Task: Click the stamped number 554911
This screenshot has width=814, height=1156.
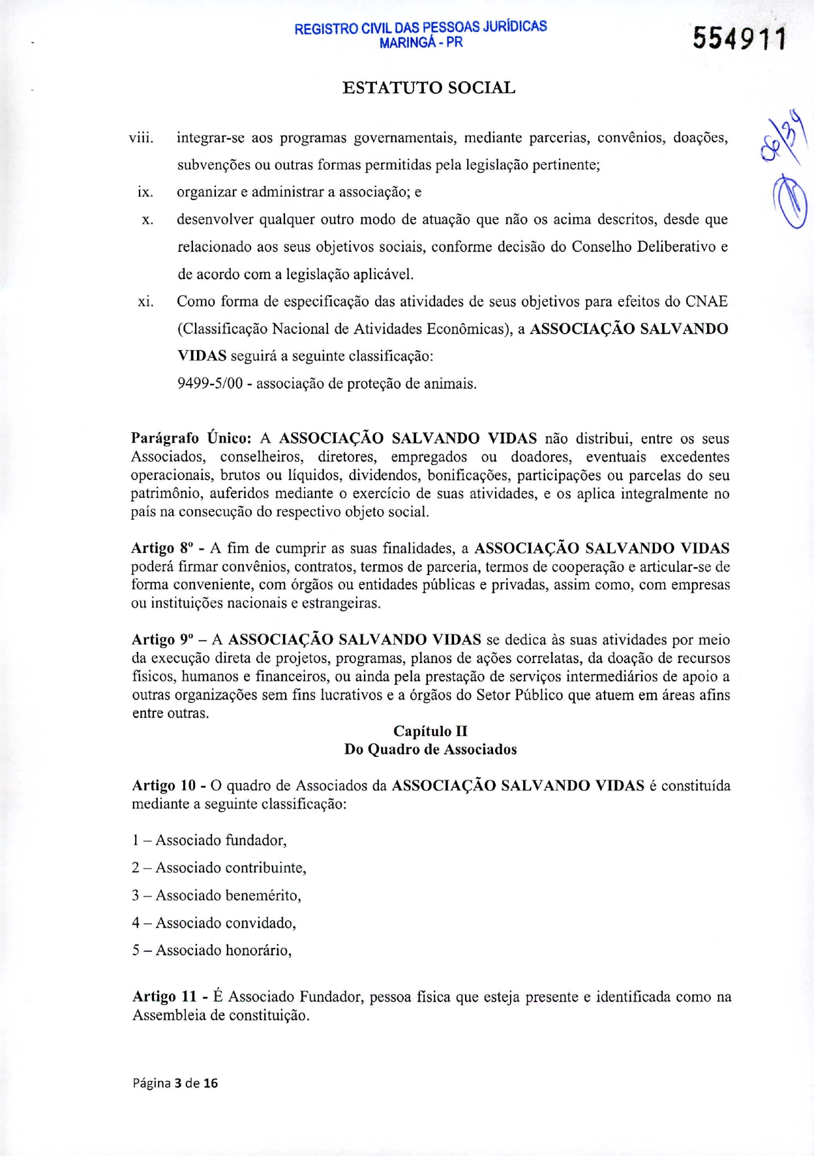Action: (740, 40)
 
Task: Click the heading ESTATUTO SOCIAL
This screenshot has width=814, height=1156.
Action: (429, 88)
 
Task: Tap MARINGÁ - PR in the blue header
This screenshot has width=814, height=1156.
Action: (421, 42)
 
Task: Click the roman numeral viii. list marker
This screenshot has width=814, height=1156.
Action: (141, 138)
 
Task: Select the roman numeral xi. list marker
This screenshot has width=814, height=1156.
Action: (145, 302)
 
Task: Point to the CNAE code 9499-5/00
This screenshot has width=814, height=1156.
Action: (209, 384)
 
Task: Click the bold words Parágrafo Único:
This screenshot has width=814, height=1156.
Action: (191, 438)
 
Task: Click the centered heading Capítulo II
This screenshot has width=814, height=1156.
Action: (430, 731)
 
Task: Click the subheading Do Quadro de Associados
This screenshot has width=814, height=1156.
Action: (430, 749)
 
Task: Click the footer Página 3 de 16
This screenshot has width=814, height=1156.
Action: (175, 1083)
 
